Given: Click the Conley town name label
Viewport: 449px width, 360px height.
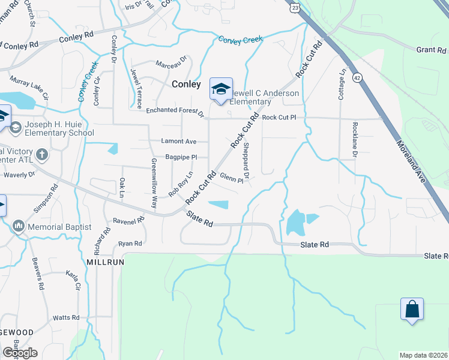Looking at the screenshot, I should point(186,85).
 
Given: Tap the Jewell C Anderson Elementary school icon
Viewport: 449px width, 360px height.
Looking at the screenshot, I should point(221,89).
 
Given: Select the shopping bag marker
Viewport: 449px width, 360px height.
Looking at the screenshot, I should point(412,309).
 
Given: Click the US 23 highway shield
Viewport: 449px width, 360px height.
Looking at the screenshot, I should point(294,7).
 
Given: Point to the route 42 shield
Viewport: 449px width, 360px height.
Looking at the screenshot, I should point(357,77).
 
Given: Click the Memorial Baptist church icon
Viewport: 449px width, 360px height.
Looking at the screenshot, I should point(17,226).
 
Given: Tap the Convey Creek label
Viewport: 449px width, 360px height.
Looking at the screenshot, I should point(241,40).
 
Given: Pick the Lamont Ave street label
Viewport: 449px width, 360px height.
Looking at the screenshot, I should point(179,142).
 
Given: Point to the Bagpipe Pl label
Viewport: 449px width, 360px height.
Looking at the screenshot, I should point(181,157).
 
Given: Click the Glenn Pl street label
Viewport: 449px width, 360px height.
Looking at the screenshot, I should point(232,178).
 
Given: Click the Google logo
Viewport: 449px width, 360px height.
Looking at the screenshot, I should point(20,353).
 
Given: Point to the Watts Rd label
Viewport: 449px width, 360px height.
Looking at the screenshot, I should point(66,317).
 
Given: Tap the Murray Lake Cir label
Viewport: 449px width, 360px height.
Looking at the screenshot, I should point(29,86).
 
